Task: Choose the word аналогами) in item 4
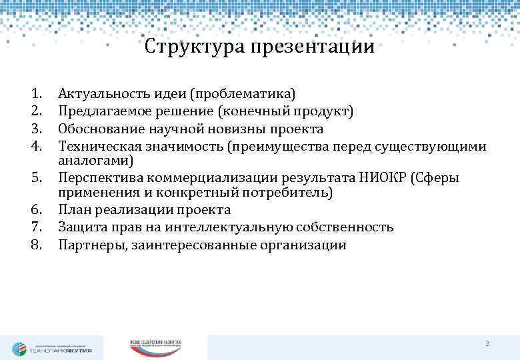click(x=95, y=161)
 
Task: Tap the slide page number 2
click(x=487, y=343)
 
